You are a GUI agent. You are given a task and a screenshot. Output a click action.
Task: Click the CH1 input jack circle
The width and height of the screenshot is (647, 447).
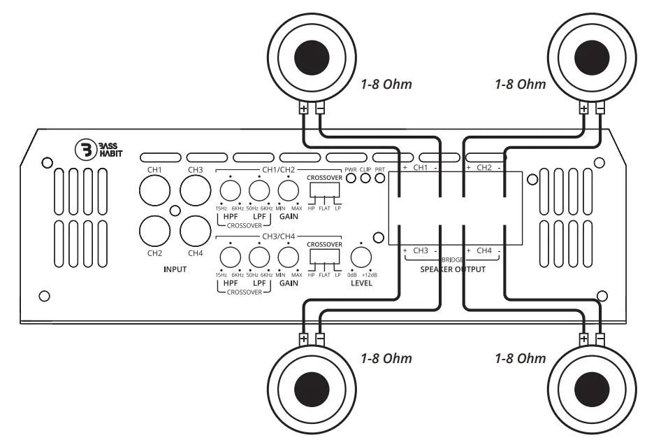click(154, 190)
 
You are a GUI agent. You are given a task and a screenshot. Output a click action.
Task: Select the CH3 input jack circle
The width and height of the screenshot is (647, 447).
click(195, 190)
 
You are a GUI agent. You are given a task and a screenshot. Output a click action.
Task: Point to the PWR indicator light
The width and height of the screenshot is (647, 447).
click(351, 178)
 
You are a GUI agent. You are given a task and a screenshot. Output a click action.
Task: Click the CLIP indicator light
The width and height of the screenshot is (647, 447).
click(365, 178)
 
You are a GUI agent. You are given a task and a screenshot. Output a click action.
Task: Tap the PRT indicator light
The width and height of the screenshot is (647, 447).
click(379, 178)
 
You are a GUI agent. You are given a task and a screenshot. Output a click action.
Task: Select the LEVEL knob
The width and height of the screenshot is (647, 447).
click(361, 257)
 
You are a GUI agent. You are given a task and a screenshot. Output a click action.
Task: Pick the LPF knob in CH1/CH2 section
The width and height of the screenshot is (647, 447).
click(259, 190)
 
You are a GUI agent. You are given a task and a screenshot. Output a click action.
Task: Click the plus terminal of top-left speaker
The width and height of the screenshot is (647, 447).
click(303, 109)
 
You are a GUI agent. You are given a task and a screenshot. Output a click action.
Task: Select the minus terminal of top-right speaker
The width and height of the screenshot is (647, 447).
click(600, 109)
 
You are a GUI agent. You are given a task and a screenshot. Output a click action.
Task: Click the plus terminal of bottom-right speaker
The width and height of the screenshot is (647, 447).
click(584, 339)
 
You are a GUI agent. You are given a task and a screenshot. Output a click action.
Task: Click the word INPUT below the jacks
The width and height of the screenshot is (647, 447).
click(174, 268)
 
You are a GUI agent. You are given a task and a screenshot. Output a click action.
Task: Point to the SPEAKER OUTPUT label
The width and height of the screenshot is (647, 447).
click(453, 269)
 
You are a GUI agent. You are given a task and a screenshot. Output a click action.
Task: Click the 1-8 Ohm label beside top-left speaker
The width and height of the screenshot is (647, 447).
click(386, 85)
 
